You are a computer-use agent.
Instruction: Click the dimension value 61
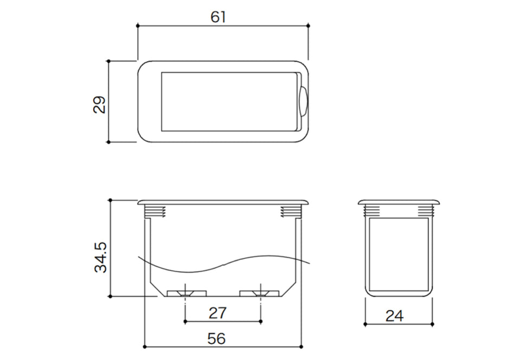[x=218, y=16]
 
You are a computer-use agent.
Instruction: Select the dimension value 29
[x=100, y=104]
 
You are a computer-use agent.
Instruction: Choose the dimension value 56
[x=217, y=339]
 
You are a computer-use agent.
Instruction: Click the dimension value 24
[x=394, y=316]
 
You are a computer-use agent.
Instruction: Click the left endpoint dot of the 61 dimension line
[x=138, y=25]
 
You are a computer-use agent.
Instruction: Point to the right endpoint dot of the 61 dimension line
[x=308, y=25]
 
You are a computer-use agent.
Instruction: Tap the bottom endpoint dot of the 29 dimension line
[x=109, y=142]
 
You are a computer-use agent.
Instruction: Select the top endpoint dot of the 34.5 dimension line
[x=110, y=200]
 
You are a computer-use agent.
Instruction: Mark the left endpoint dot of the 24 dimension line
[x=365, y=324]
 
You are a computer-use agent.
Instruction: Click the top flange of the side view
[x=399, y=202]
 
